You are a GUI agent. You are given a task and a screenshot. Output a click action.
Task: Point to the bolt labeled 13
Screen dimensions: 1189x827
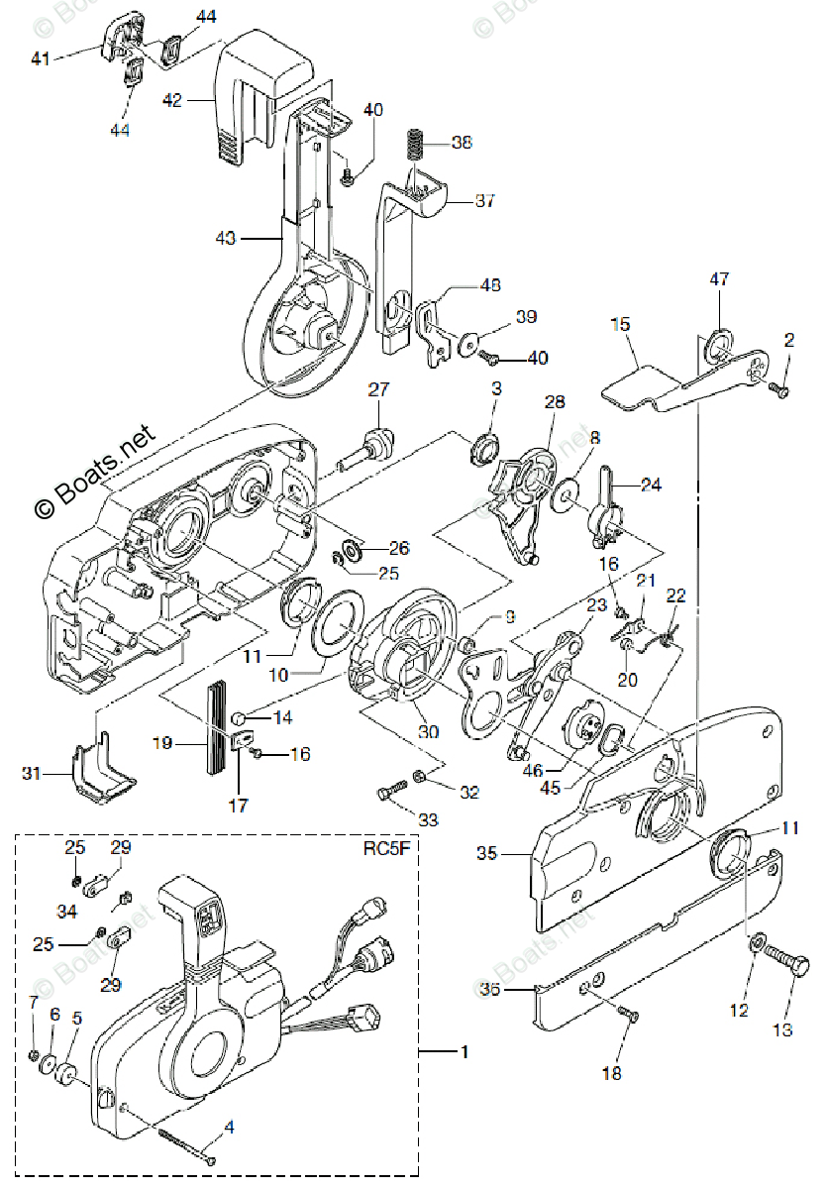(x=780, y=964)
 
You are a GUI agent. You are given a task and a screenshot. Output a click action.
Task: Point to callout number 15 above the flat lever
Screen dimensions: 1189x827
(x=621, y=324)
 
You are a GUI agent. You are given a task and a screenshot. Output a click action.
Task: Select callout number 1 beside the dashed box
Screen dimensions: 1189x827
(x=465, y=1050)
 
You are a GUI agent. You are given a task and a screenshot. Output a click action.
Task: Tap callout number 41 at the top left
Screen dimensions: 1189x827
(x=41, y=59)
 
